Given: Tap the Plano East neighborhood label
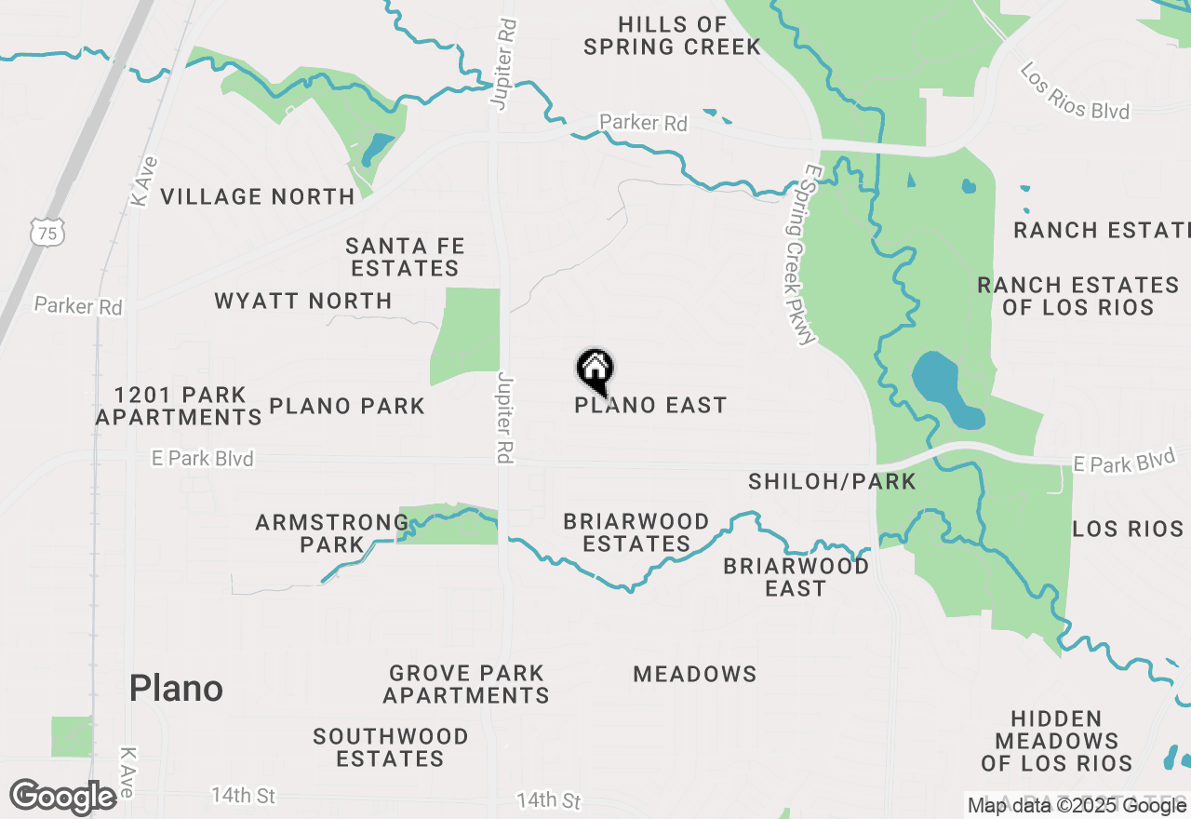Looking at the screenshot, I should click(650, 406).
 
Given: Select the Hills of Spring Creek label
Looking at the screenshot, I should click(672, 35).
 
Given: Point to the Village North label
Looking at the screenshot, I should click(258, 196).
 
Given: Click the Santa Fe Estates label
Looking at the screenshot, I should click(404, 257).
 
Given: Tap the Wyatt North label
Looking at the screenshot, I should click(302, 302).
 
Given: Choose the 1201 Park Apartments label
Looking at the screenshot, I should click(179, 406).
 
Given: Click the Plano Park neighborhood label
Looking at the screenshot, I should click(347, 406).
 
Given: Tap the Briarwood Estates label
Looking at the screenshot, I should click(636, 532).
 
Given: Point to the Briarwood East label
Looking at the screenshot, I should click(796, 577).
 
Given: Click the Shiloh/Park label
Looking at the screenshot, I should click(832, 481).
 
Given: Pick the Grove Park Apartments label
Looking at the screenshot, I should click(466, 684).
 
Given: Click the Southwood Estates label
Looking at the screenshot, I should click(390, 747).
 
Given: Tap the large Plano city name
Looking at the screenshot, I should click(176, 689).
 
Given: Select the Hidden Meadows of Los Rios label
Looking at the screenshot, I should click(1056, 741).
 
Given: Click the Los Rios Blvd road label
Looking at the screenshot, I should click(1074, 91).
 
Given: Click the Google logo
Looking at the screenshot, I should click(63, 797).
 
